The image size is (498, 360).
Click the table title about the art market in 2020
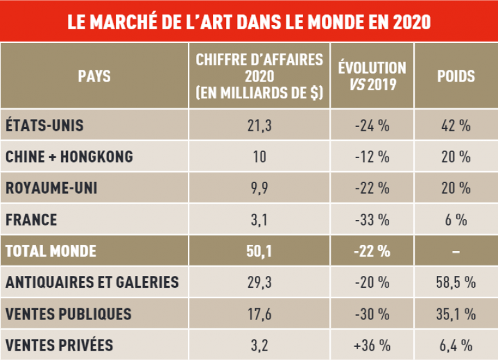tap(249, 21)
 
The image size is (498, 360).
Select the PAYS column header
tap(95, 77)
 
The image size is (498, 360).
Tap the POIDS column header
tap(456, 77)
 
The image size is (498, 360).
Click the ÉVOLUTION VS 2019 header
tap(372, 76)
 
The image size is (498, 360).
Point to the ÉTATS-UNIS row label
tap(44, 125)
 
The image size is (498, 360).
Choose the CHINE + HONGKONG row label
tap(69, 156)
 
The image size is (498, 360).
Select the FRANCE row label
tap(31, 219)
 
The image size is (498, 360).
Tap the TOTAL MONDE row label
tap(51, 251)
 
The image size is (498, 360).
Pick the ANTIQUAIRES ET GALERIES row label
tap(92, 282)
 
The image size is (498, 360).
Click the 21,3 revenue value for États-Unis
tap(258, 125)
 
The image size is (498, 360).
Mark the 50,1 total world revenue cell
tap(258, 251)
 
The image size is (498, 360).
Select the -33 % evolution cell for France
tap(372, 219)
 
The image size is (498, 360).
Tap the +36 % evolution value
tap(372, 344)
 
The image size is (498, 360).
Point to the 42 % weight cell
tap(456, 125)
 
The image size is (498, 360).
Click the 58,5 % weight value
tap(456, 282)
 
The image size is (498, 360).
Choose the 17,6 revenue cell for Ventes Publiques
tap(258, 313)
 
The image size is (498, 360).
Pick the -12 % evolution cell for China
tap(372, 156)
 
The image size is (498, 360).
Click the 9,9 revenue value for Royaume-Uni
tap(258, 187)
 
